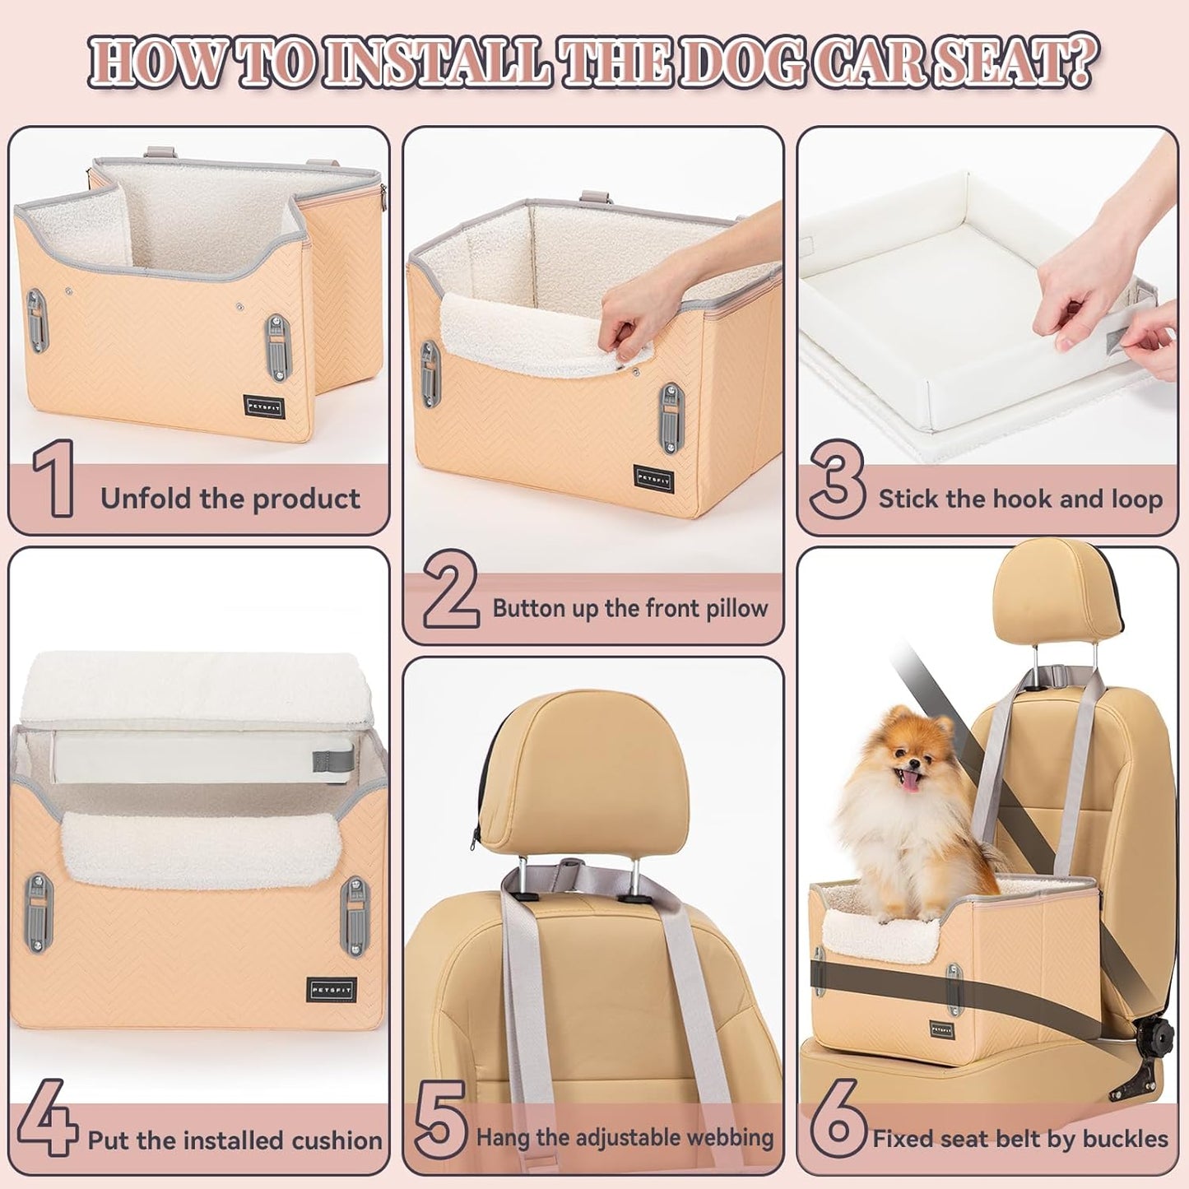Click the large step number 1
[x=53, y=479]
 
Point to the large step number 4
[x=47, y=1117]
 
